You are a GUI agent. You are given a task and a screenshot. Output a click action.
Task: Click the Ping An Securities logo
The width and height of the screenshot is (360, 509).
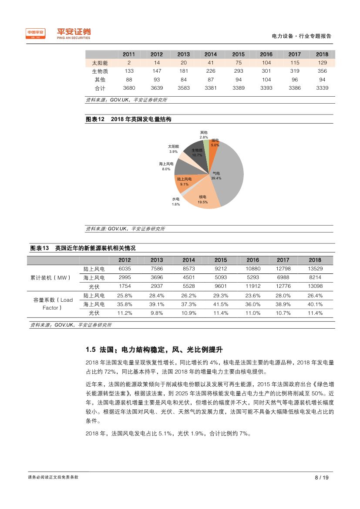pyautogui.click(x=58, y=34)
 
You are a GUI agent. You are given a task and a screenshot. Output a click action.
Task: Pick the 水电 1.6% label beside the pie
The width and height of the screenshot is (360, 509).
pyautogui.click(x=175, y=201)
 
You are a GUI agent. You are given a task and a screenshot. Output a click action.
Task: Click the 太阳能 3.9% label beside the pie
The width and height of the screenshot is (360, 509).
pyautogui.click(x=173, y=149)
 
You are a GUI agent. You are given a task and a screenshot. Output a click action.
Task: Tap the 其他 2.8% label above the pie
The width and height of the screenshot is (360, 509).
pyautogui.click(x=204, y=134)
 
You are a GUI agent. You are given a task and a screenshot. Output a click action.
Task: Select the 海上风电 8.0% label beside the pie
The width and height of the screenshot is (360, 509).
pyautogui.click(x=166, y=166)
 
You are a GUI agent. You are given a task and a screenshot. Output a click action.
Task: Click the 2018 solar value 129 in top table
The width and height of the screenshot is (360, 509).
pyautogui.click(x=322, y=63)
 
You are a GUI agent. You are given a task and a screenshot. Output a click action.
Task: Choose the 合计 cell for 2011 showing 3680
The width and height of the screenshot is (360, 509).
pyautogui.click(x=129, y=88)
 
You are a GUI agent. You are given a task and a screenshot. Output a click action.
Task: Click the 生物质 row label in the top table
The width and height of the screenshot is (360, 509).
pyautogui.click(x=100, y=71)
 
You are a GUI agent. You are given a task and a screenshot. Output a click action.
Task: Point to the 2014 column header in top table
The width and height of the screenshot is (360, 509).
pyautogui.click(x=211, y=54)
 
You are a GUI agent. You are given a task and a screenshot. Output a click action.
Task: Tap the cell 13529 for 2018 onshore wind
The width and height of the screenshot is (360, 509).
pyautogui.click(x=315, y=269)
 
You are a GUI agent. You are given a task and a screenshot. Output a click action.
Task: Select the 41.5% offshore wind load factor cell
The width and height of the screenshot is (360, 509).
pyautogui.click(x=221, y=304)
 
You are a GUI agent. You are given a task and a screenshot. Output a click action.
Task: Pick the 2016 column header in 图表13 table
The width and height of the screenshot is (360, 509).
pyautogui.click(x=253, y=260)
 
